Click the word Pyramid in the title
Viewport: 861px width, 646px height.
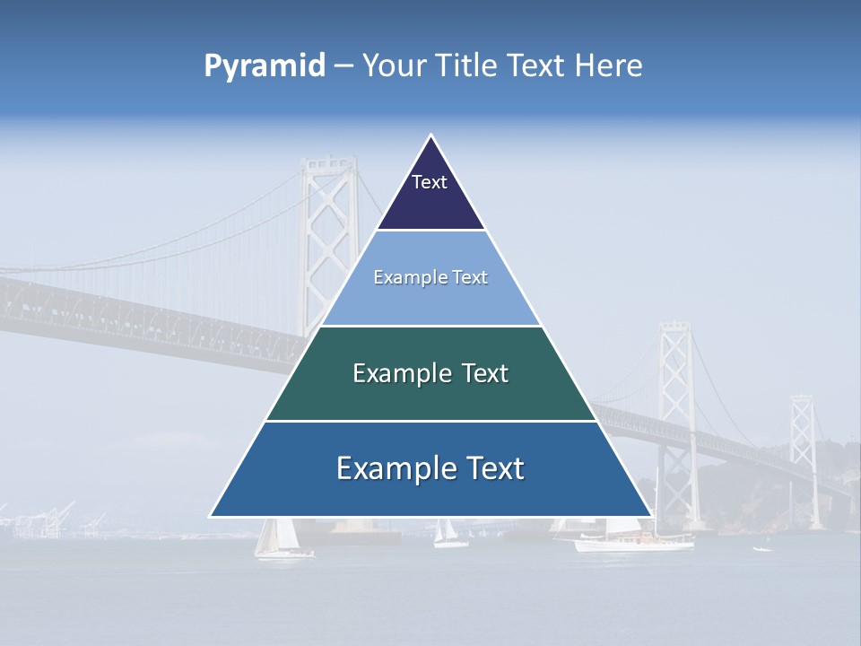265,66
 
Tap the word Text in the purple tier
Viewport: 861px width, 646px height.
430,182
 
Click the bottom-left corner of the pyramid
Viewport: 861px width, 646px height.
212,516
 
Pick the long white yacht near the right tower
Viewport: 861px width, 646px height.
633,541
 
